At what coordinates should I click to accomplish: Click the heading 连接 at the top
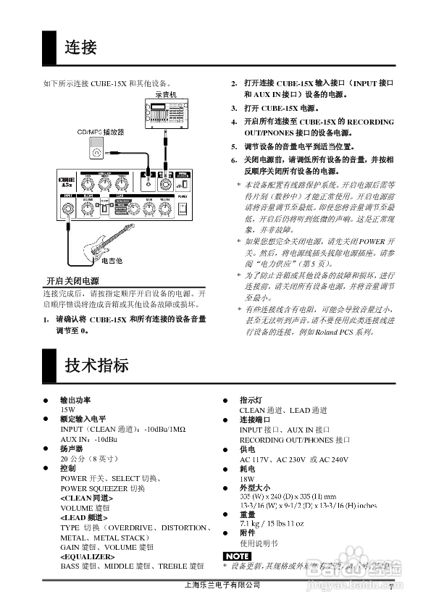(x=80, y=49)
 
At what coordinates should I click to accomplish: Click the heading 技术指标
(x=96, y=364)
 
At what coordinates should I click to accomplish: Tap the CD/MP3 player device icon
(x=94, y=151)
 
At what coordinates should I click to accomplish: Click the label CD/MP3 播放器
(x=101, y=133)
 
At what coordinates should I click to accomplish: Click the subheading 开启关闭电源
(x=72, y=281)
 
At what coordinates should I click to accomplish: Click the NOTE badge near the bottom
(x=236, y=556)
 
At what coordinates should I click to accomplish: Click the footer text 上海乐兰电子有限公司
(x=222, y=585)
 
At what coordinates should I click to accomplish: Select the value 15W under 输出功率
(x=67, y=409)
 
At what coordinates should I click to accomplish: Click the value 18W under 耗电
(x=247, y=479)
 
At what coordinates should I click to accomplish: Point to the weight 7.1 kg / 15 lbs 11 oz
(x=272, y=523)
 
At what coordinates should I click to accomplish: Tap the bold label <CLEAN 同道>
(x=87, y=498)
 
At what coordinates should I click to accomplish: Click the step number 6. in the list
(x=234, y=159)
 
